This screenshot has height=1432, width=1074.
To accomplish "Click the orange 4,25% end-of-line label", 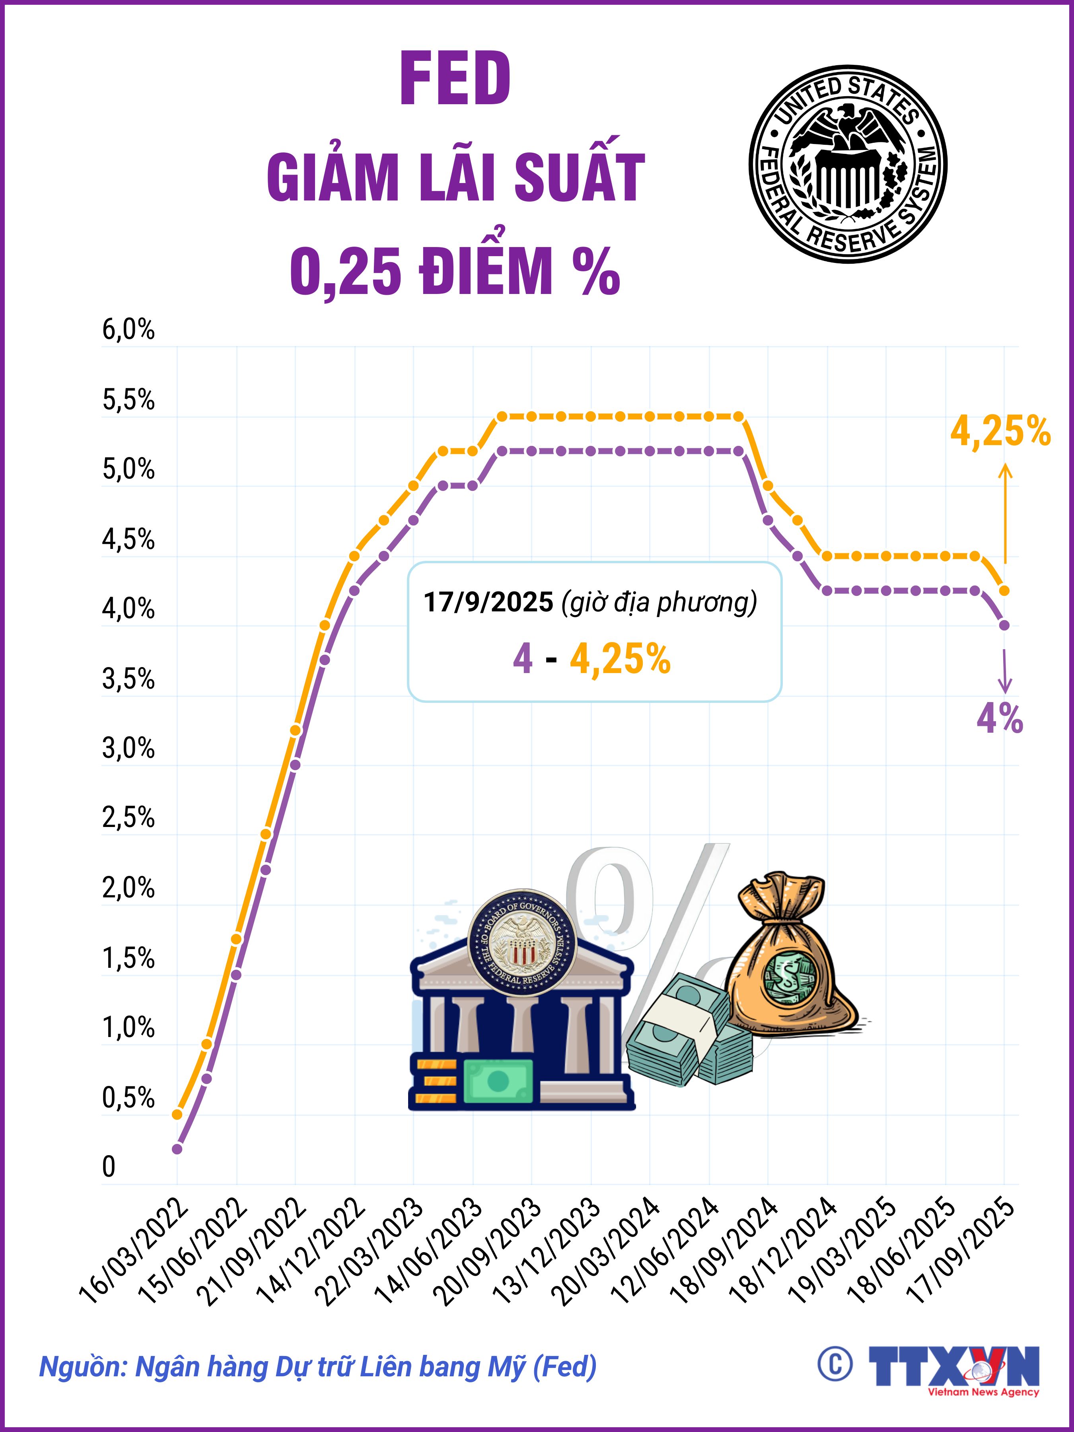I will (1000, 432).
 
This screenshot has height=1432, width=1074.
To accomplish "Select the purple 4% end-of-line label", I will (1000, 719).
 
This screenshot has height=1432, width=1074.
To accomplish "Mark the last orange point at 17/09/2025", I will (1004, 590).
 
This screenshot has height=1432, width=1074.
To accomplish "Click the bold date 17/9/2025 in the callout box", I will (488, 602).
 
